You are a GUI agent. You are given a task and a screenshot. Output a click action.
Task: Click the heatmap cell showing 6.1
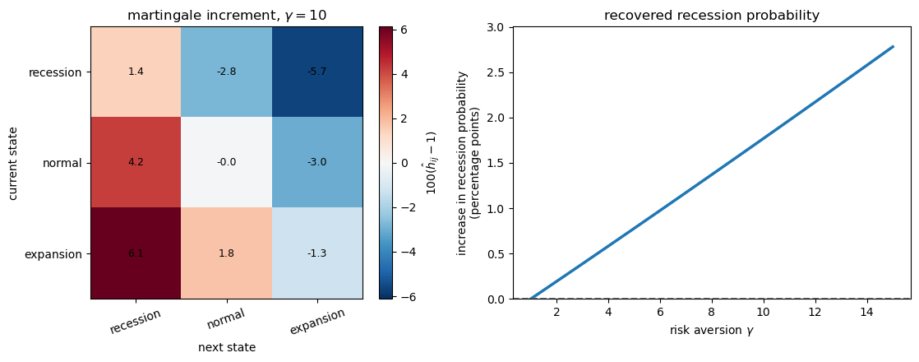point(136,253)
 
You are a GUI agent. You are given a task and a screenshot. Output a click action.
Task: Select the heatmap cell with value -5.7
point(316,72)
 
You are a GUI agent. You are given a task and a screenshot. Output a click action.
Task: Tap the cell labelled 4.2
point(136,162)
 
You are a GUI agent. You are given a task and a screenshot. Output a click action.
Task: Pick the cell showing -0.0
point(226,162)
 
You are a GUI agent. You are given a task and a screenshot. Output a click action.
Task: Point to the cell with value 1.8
point(226,253)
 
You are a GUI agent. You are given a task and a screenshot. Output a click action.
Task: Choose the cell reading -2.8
point(226,72)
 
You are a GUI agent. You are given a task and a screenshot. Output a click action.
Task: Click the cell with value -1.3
point(316,253)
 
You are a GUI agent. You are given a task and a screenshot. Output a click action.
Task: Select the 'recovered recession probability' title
point(711,16)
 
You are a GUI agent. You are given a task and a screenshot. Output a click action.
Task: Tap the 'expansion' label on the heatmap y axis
point(54,254)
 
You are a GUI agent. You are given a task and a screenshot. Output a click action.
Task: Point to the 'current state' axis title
point(13,163)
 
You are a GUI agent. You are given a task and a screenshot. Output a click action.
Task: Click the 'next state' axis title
point(227,348)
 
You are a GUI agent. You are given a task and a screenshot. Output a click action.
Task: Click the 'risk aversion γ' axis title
point(711,331)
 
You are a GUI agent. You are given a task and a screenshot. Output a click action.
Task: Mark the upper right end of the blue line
point(893,47)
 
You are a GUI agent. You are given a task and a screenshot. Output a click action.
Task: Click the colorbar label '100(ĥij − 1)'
point(431,163)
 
